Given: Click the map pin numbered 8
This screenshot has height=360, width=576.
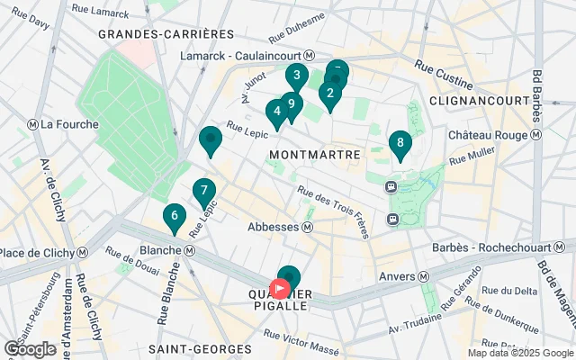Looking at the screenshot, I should pyautogui.click(x=400, y=143).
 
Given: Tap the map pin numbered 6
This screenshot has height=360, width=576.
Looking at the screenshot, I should pyautogui.click(x=174, y=216).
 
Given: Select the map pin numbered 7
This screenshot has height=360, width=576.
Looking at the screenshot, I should pyautogui.click(x=203, y=191).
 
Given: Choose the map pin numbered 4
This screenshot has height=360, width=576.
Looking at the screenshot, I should pyautogui.click(x=277, y=112).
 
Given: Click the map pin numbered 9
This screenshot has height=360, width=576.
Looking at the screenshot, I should pyautogui.click(x=291, y=103).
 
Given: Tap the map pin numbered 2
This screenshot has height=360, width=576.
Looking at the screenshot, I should pyautogui.click(x=330, y=92).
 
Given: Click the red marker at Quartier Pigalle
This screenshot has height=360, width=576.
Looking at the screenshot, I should pyautogui.click(x=280, y=289).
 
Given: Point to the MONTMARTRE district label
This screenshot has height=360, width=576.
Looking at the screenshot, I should pyautogui.click(x=314, y=155).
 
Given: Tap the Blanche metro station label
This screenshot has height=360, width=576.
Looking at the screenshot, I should pyautogui.click(x=162, y=249).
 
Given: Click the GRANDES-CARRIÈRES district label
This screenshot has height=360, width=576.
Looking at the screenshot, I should pyautogui.click(x=166, y=33).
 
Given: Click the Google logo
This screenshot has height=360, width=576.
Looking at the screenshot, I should pyautogui.click(x=30, y=348).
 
